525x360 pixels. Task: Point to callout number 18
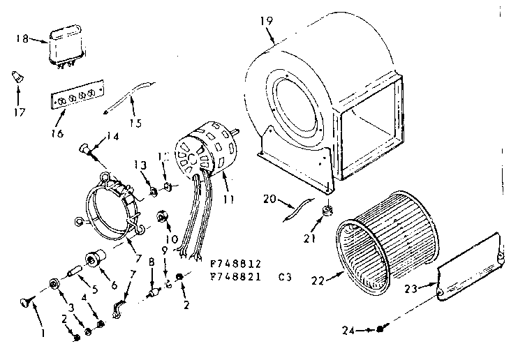coord(22,39)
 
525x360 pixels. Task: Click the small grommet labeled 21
coord(325,211)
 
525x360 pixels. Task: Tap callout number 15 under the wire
coord(135,123)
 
